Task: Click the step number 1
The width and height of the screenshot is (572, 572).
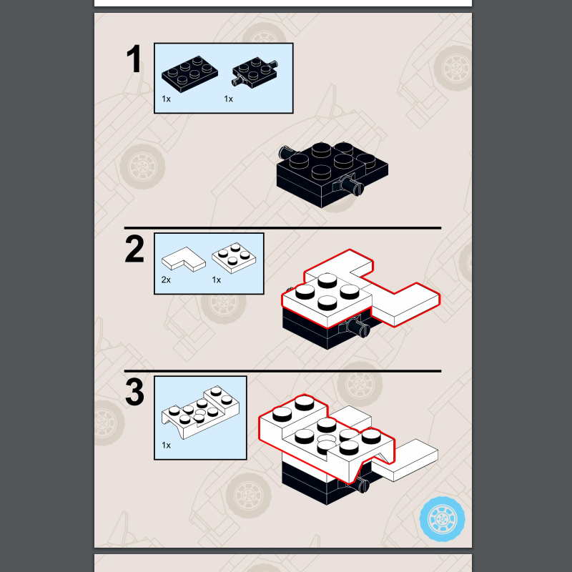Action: [134, 59]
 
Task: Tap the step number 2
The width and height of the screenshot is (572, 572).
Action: [134, 249]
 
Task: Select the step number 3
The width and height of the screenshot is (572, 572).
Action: [134, 392]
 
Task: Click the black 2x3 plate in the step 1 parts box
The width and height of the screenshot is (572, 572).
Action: [189, 74]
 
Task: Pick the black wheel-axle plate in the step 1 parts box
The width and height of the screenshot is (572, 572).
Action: [255, 72]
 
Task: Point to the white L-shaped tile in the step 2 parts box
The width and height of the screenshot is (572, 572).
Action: [184, 259]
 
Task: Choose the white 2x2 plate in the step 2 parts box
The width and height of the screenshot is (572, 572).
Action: [234, 258]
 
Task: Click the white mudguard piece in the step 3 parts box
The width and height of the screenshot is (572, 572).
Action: [200, 413]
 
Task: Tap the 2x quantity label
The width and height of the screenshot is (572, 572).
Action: [166, 280]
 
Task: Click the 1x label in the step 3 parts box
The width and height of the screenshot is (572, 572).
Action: [166, 445]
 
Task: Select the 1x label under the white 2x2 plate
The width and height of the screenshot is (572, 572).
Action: [217, 280]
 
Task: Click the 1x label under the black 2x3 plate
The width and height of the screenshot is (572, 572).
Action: [166, 99]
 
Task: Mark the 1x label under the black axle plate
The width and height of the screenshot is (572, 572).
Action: [228, 99]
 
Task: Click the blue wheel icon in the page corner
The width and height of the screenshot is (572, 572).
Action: [442, 519]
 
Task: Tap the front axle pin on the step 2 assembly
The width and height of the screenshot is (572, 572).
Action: [357, 327]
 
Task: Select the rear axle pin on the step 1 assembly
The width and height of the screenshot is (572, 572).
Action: [287, 152]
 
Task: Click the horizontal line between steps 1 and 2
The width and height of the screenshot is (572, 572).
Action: [282, 228]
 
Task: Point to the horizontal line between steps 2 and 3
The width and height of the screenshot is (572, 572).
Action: [282, 371]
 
